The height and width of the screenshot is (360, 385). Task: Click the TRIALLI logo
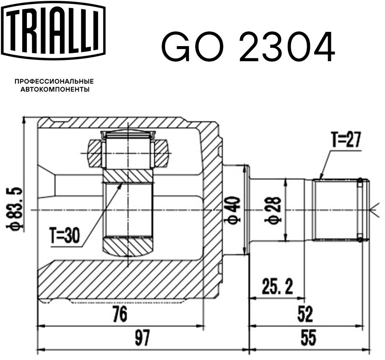(53, 29)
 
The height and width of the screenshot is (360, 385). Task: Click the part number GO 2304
(248, 47)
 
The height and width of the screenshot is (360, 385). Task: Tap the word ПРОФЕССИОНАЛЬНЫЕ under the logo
(54, 81)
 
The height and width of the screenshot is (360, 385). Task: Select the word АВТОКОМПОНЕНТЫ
(55, 89)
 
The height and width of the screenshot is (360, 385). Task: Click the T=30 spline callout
(65, 235)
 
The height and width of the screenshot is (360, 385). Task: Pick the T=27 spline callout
(346, 139)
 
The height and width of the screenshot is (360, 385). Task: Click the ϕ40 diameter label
(232, 210)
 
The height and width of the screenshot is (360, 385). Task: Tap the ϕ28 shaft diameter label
(273, 210)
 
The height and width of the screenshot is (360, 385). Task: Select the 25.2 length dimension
(277, 287)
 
